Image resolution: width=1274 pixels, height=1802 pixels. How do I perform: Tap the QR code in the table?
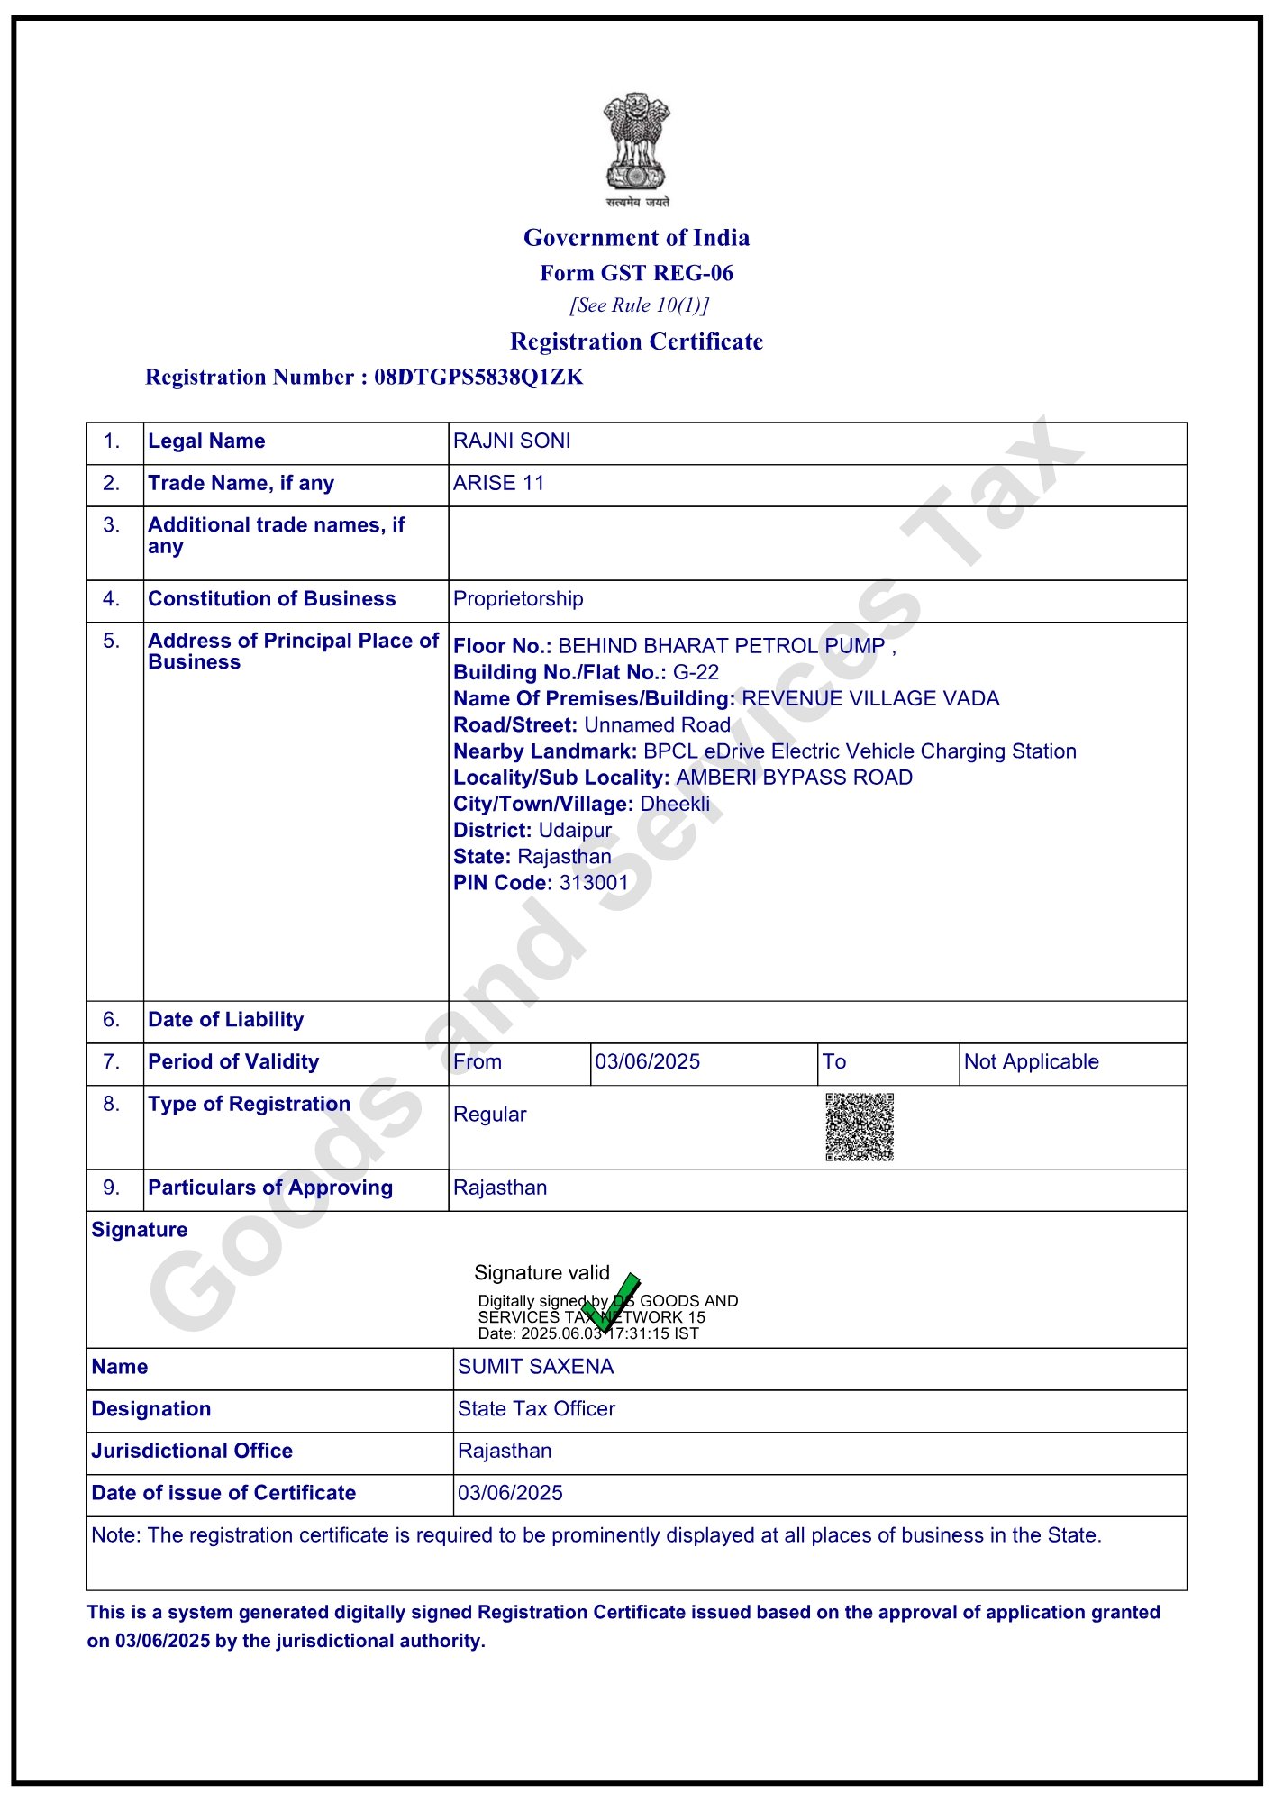pos(860,1127)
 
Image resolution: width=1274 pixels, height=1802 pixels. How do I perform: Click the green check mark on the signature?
pos(612,1302)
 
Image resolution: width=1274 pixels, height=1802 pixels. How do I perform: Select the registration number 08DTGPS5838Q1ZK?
pos(478,377)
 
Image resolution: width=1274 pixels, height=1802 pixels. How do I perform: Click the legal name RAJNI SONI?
pos(512,441)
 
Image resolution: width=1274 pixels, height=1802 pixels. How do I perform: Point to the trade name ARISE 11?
pos(498,484)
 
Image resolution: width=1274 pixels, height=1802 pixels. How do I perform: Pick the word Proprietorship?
pos(518,599)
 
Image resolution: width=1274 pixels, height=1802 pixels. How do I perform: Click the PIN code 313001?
pos(594,883)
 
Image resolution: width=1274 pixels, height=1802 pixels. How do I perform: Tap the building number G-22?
pos(696,672)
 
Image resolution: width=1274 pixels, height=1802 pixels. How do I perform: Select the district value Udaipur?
pos(575,831)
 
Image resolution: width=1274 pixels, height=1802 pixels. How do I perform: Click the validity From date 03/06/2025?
pos(647,1062)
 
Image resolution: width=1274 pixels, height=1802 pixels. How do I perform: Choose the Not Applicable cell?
pos(1031,1062)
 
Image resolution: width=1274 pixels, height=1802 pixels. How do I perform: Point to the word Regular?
pos(489,1115)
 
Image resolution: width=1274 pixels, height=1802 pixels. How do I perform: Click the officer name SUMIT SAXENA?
pos(535,1367)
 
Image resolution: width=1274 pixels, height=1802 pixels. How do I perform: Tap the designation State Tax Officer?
pos(536,1409)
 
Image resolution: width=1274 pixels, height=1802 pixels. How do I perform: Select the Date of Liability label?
pos(225,1020)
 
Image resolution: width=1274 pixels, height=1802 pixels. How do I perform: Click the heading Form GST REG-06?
pos(636,273)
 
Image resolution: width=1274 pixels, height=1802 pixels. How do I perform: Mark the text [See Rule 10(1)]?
pos(639,305)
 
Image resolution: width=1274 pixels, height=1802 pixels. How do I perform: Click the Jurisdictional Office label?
pos(192,1451)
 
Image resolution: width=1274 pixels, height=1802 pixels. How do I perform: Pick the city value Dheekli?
pos(675,804)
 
